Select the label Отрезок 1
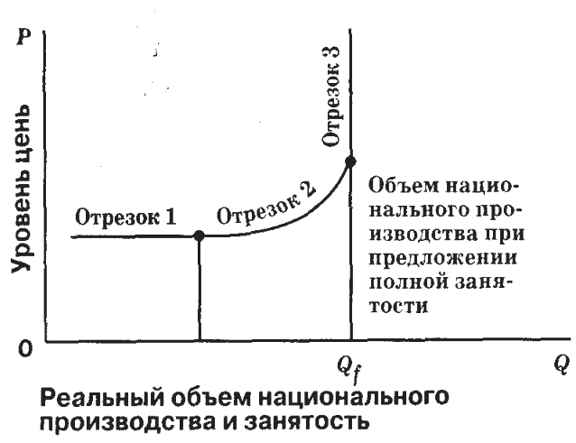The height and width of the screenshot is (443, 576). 124,218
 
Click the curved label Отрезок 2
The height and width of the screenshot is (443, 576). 268,205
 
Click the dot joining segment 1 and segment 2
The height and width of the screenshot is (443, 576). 200,235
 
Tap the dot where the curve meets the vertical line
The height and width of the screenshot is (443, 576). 349,161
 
